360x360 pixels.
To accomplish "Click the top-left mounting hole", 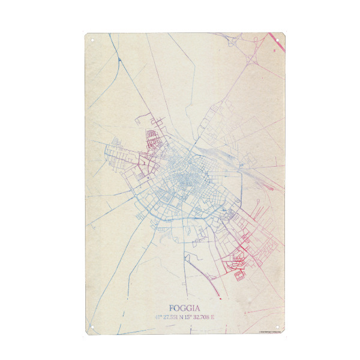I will point(93,41).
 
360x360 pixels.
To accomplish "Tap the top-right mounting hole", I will point(278,41).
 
